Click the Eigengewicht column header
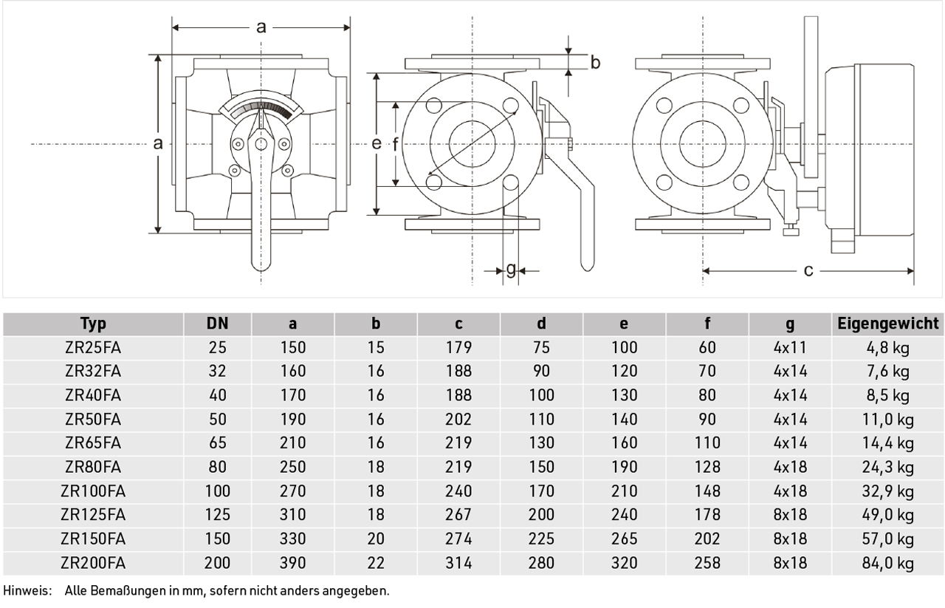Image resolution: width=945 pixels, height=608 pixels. click(x=887, y=324)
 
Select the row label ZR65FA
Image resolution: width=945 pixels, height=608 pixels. click(x=93, y=443)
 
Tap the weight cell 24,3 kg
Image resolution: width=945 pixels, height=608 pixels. click(x=887, y=467)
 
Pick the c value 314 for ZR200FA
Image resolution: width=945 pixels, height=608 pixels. click(x=458, y=563)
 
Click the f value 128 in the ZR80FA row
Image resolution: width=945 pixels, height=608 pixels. click(x=707, y=467)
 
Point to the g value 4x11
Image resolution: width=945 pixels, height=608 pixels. click(x=790, y=347)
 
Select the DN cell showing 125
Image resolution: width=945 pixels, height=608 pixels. click(x=217, y=515)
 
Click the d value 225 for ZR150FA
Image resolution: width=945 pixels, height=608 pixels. click(x=541, y=539)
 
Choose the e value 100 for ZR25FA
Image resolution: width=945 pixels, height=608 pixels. click(x=624, y=347)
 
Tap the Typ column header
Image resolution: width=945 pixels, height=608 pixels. click(x=93, y=324)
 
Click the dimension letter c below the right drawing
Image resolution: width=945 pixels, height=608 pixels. click(x=808, y=270)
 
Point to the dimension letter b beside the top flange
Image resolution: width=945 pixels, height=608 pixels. click(x=595, y=63)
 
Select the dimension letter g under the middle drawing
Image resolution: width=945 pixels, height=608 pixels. click(x=511, y=270)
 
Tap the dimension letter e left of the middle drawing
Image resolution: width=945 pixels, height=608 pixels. click(x=377, y=143)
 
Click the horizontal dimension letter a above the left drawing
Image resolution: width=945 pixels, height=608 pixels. click(x=261, y=27)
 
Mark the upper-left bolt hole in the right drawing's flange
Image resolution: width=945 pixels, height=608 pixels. click(x=664, y=106)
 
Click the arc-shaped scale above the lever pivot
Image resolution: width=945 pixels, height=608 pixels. click(x=261, y=106)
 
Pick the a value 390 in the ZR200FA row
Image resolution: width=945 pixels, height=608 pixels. click(x=292, y=563)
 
